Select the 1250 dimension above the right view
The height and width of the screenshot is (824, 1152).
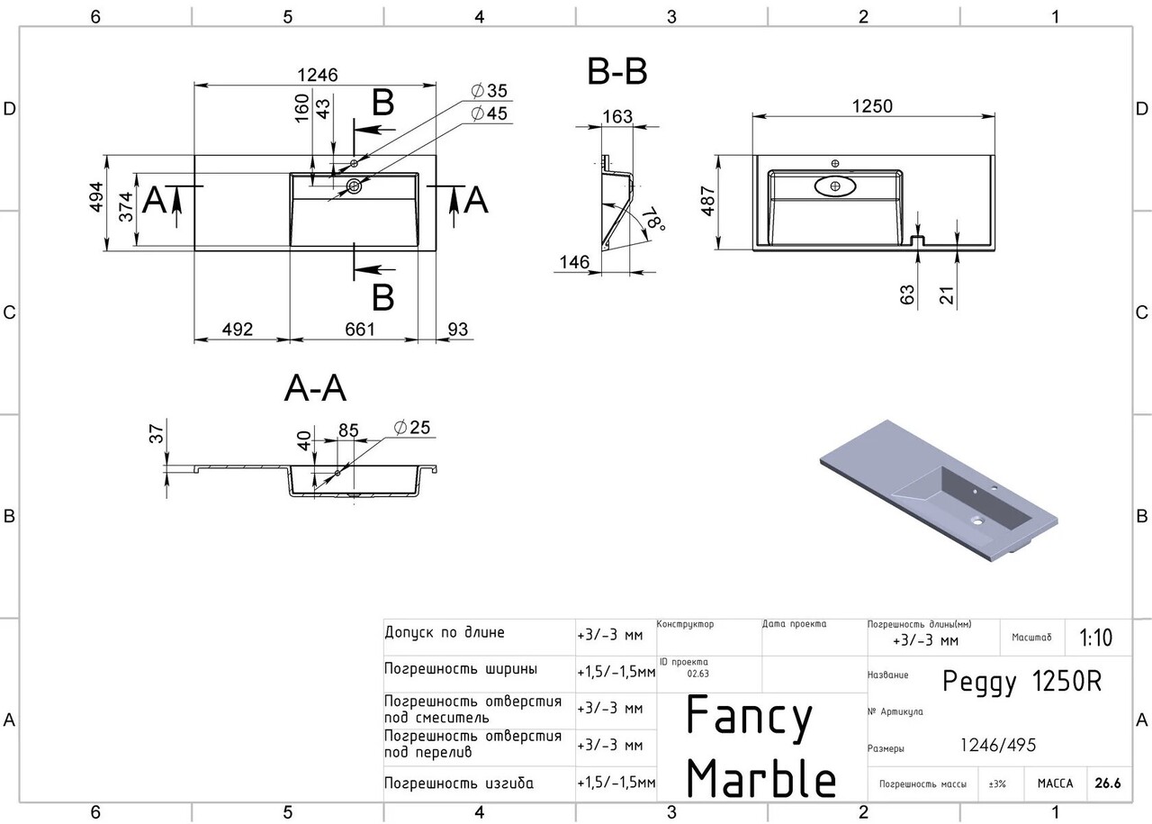tap(871, 105)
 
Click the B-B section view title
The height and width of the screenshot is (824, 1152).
tap(617, 72)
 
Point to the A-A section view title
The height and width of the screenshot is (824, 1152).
tap(315, 388)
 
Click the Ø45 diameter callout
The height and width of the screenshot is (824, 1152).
tap(489, 113)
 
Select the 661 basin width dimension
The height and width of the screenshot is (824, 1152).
tap(359, 330)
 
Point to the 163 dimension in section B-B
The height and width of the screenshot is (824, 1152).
tap(616, 117)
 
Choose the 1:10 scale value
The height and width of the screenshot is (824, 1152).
tap(1095, 638)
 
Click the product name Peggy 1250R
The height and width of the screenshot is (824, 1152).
tap(1021, 682)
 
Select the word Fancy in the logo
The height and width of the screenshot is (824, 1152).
tap(750, 717)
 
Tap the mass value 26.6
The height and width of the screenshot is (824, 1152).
tap(1108, 783)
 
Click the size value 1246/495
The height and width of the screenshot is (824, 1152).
tap(998, 746)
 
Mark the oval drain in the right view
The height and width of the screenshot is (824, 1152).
tap(837, 186)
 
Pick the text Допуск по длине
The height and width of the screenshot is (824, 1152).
tap(445, 633)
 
